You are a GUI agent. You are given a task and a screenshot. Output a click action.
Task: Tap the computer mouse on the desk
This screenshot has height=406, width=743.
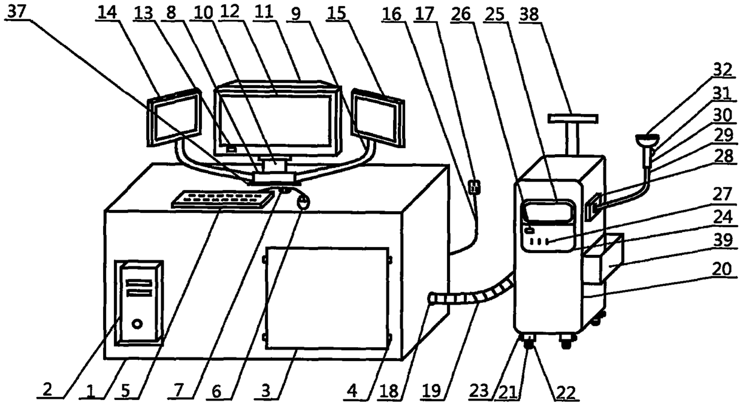tap(303, 203)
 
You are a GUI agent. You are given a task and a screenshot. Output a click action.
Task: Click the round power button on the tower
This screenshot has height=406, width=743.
tap(138, 324)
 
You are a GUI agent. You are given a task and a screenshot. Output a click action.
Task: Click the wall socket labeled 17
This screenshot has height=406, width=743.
tap(475, 188)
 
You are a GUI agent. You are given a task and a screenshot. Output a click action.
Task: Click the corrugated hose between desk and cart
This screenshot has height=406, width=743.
tap(473, 294)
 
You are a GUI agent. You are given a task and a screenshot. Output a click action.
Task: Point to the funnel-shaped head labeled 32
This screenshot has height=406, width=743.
tap(648, 141)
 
